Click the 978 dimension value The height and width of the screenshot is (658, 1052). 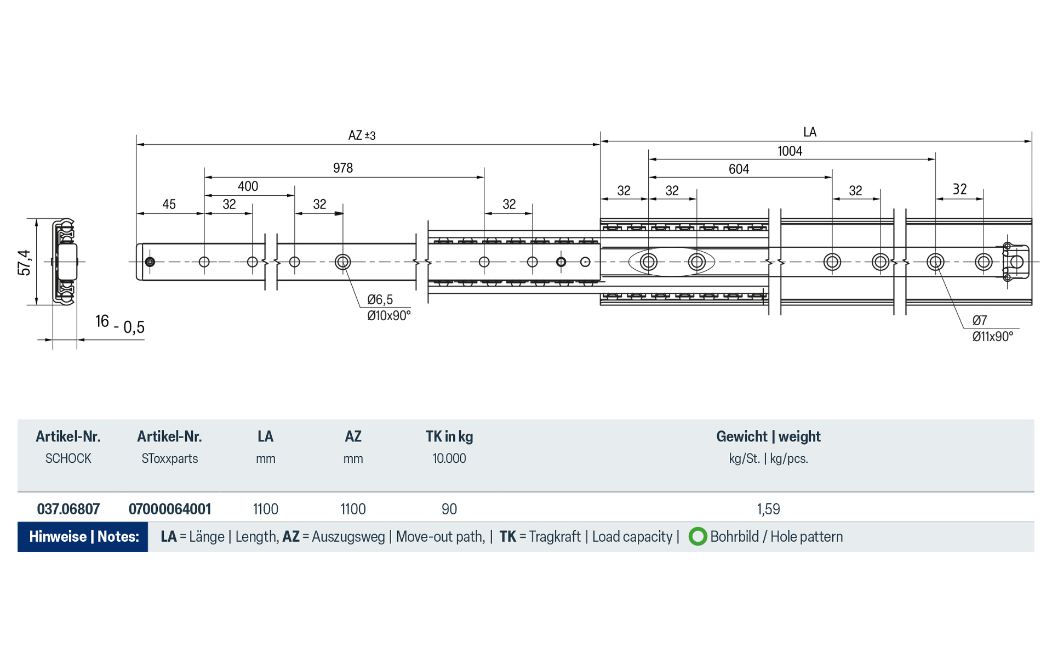click(x=343, y=168)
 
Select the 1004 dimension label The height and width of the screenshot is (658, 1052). click(x=790, y=151)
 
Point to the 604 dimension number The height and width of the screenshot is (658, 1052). click(x=739, y=169)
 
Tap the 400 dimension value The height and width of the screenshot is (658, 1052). click(x=248, y=186)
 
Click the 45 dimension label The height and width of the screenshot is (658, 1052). click(x=169, y=204)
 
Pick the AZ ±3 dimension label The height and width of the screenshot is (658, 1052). click(x=362, y=135)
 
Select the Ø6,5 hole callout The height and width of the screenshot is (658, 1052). click(x=380, y=299)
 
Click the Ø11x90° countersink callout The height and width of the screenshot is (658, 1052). click(x=992, y=336)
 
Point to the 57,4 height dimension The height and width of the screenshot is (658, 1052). click(x=25, y=262)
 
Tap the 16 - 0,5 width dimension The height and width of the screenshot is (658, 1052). click(x=119, y=324)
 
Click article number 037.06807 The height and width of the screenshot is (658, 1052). click(x=68, y=509)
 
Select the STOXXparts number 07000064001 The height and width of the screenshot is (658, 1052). click(x=170, y=509)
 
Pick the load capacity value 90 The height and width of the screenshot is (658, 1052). click(x=449, y=509)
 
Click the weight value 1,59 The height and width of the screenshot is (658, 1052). click(x=768, y=509)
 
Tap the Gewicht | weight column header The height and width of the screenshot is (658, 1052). click(x=768, y=436)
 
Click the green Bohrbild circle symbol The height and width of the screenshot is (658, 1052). click(x=697, y=536)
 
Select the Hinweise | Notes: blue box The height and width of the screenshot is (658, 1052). click(x=83, y=536)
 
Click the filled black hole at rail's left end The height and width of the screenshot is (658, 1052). click(x=150, y=262)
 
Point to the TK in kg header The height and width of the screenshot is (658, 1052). click(x=449, y=436)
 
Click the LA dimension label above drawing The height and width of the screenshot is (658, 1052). click(x=809, y=132)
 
